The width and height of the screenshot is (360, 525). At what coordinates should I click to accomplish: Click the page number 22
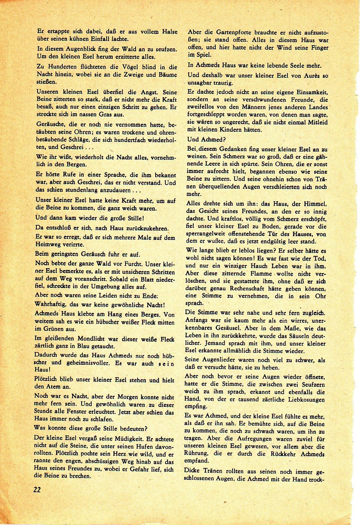point(37,489)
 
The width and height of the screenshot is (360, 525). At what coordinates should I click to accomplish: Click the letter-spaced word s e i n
point(166,363)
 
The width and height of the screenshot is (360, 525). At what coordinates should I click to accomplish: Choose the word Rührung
point(199,454)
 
